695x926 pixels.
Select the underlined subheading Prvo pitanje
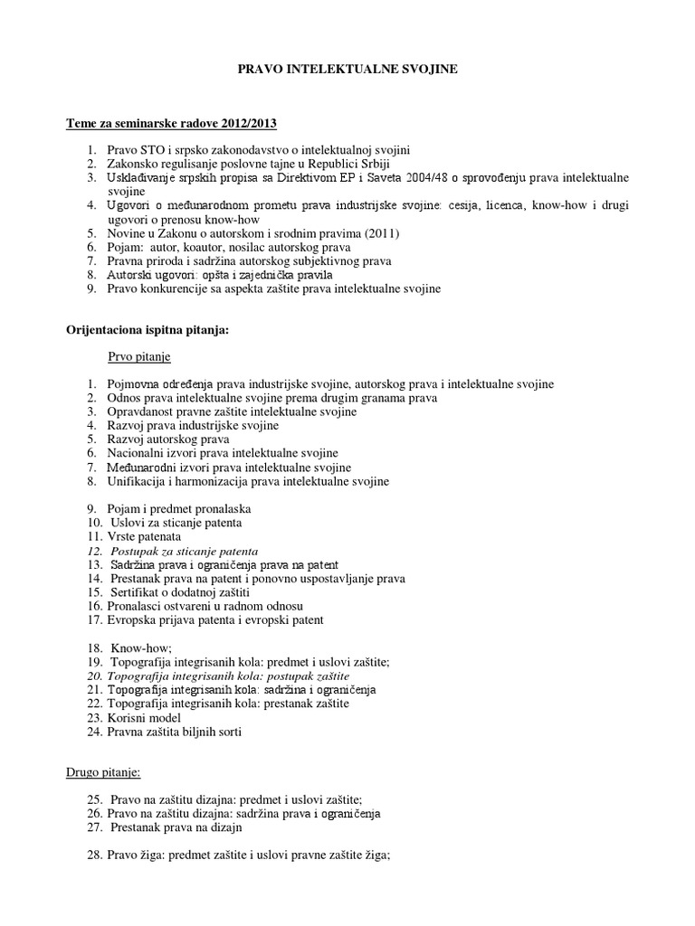coord(139,356)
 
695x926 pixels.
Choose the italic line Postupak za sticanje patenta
coord(184,550)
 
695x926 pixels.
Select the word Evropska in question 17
coord(133,620)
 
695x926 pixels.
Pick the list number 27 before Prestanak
coord(95,827)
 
